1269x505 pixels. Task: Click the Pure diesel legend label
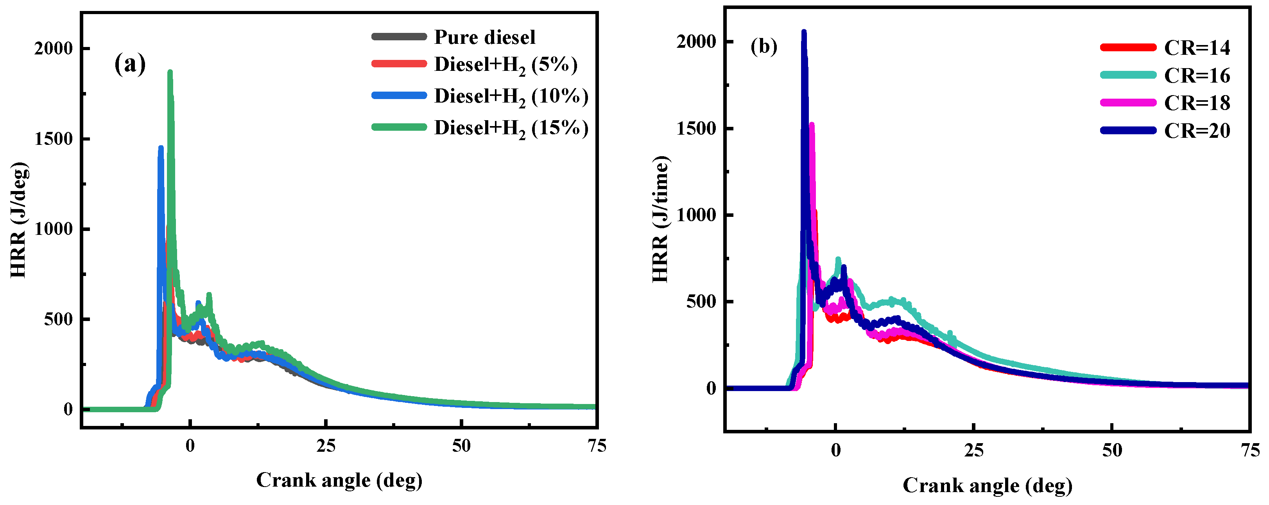click(x=484, y=37)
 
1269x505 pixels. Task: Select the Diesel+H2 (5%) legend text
click(x=505, y=65)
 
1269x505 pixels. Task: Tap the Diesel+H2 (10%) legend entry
click(x=511, y=97)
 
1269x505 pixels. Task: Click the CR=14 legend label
click(x=1197, y=48)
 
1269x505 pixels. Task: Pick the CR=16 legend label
click(x=1197, y=76)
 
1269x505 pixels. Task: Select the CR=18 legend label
click(x=1197, y=103)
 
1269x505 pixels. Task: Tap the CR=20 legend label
click(x=1197, y=131)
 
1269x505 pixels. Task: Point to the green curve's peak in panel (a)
click(x=170, y=72)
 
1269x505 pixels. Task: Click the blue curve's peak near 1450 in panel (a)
click(x=161, y=148)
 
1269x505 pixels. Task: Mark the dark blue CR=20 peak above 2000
click(x=804, y=32)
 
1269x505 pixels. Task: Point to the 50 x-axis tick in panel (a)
click(x=461, y=446)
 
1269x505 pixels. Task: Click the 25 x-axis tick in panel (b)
click(x=973, y=451)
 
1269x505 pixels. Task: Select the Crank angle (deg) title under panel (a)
click(x=339, y=480)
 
